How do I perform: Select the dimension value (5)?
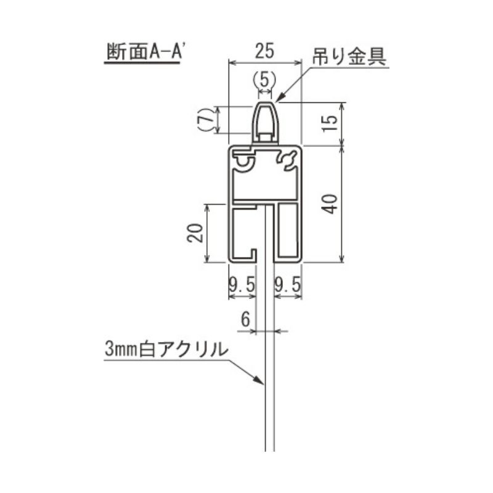pos(264,79)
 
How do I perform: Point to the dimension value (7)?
pos(206,119)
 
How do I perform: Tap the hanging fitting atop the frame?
pos(265,123)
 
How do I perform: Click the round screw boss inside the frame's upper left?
pos(243,161)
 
